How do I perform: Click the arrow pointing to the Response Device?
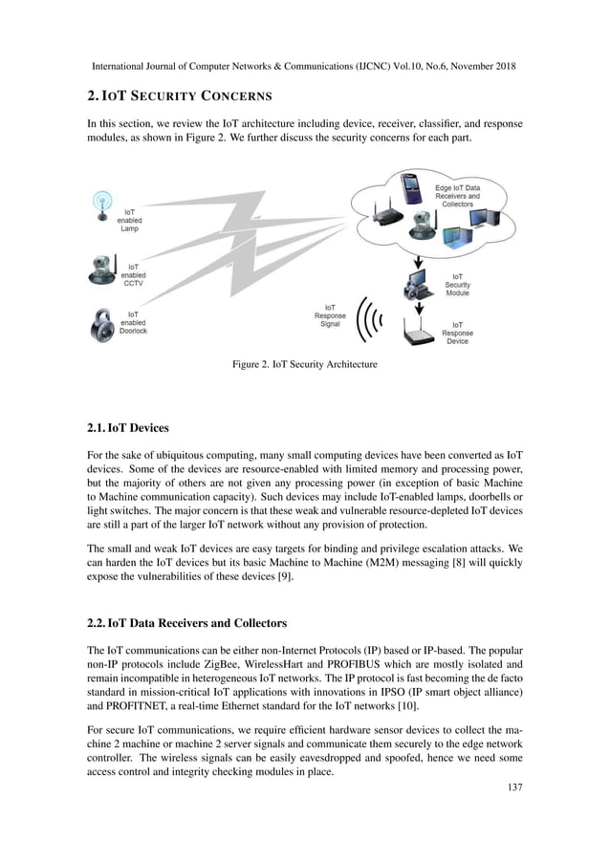[418, 310]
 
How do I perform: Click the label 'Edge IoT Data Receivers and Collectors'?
[457, 196]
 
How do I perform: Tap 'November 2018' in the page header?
[478, 68]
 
